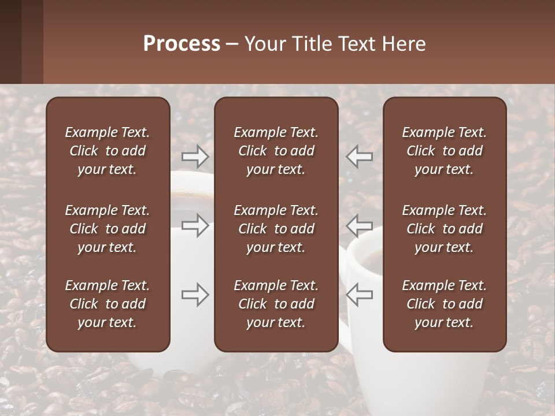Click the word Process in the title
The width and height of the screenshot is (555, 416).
tap(182, 44)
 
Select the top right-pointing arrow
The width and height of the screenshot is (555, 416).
tap(195, 156)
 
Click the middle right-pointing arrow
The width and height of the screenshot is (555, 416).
tap(195, 225)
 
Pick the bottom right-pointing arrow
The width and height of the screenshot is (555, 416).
tap(195, 295)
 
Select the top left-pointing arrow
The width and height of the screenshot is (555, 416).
tap(359, 156)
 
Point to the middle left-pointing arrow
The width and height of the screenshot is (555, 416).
tap(359, 225)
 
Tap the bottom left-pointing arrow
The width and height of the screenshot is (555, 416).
tap(359, 295)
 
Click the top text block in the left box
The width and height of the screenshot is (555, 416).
tap(108, 151)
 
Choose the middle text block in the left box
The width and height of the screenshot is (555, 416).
tap(108, 229)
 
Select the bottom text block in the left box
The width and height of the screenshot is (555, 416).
tap(108, 304)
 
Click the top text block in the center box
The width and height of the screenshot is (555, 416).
tap(276, 151)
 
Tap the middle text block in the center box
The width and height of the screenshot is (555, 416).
tap(276, 229)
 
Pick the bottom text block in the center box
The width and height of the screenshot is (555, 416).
tap(276, 304)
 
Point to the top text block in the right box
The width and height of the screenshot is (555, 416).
tap(444, 151)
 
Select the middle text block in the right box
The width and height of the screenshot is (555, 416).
tap(444, 229)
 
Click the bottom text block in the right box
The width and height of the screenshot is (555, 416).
tap(444, 304)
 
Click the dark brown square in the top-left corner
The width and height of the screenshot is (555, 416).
tap(10, 42)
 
